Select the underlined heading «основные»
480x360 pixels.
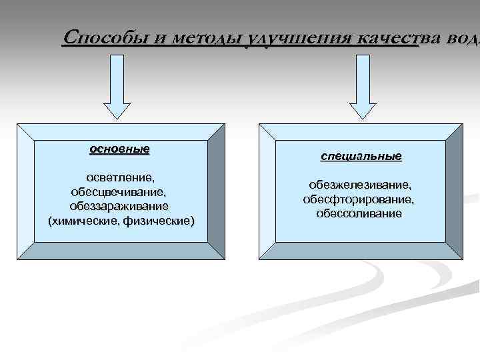pyautogui.click(x=120, y=149)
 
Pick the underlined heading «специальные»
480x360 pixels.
pyautogui.click(x=361, y=157)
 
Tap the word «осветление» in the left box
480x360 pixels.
pyautogui.click(x=120, y=179)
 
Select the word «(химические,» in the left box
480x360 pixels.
pyautogui.click(x=84, y=220)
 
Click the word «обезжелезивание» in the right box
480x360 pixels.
pyautogui.click(x=359, y=185)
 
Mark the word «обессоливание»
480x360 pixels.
pyautogui.click(x=359, y=213)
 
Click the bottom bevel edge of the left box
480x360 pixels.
pyautogui.click(x=120, y=251)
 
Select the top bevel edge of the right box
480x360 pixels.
pyautogui.click(x=360, y=131)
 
